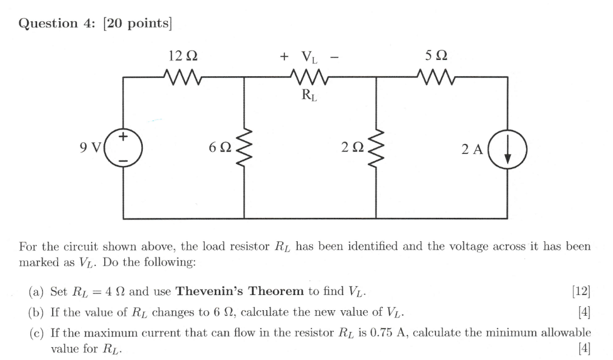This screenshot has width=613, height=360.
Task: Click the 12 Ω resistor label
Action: click(x=183, y=57)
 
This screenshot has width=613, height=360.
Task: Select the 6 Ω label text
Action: click(x=218, y=149)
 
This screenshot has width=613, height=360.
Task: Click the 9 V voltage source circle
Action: click(x=124, y=149)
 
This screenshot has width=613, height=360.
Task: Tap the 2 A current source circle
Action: click(x=508, y=149)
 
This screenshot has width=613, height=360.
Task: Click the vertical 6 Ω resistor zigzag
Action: click(x=244, y=149)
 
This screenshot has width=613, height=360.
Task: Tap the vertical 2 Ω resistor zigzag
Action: click(x=377, y=149)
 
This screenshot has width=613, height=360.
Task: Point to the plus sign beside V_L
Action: click(x=284, y=57)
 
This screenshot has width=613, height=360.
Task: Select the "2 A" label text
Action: click(x=471, y=149)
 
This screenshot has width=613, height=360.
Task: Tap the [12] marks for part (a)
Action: click(x=582, y=292)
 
